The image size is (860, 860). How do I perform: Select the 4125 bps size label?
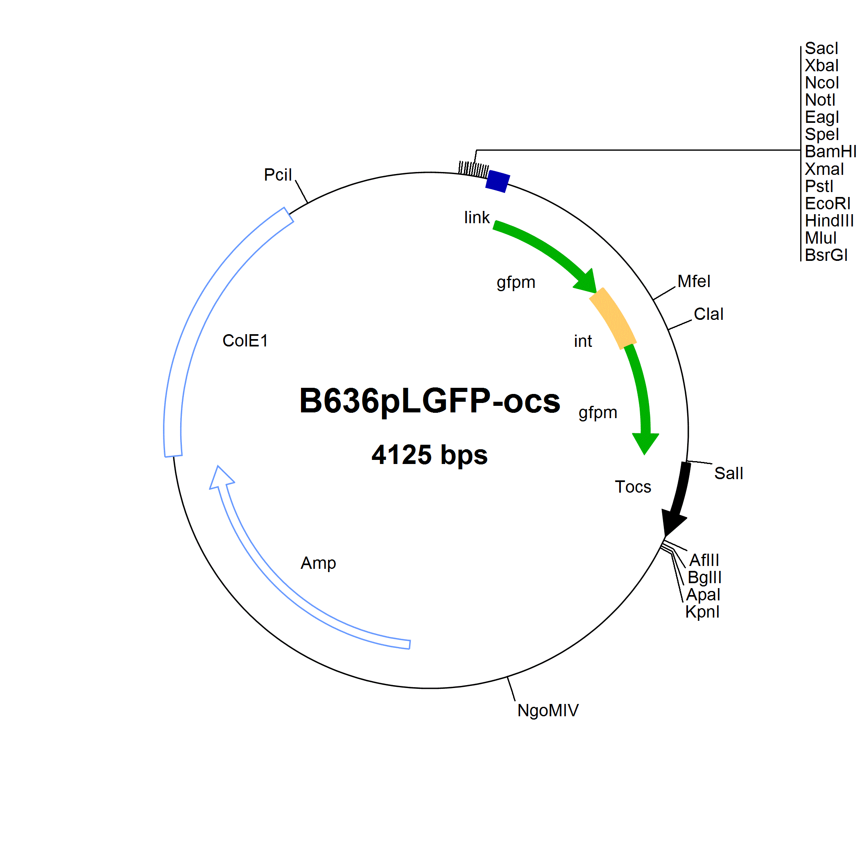tap(430, 455)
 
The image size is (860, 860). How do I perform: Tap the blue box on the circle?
tap(498, 181)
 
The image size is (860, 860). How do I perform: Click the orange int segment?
tap(613, 318)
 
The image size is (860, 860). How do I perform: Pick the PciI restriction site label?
tap(278, 175)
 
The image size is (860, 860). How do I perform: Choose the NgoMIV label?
tap(548, 710)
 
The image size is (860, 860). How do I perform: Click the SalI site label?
tap(729, 473)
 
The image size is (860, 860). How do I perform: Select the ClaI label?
tap(708, 314)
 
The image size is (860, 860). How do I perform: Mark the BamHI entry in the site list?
tap(830, 152)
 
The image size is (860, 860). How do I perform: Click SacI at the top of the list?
tap(821, 48)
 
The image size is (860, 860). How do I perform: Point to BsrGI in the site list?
tap(826, 255)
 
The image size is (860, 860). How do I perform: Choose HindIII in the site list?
tap(829, 220)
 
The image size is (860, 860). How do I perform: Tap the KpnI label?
tap(702, 611)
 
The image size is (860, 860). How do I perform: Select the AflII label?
tap(704, 560)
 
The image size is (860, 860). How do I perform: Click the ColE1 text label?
tap(245, 341)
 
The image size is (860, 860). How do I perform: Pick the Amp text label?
tap(318, 564)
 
